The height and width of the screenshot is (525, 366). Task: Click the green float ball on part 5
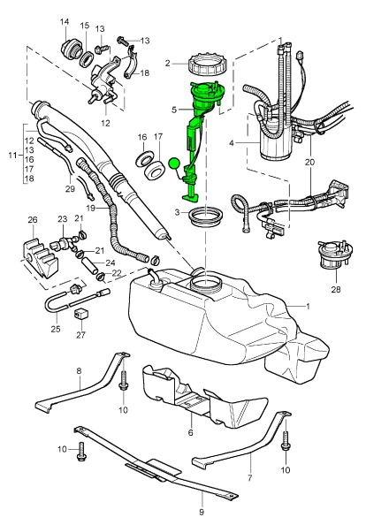pyautogui.click(x=174, y=164)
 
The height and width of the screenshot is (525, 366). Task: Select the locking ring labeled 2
pyautogui.click(x=207, y=64)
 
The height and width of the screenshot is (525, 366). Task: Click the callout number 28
pyautogui.click(x=336, y=289)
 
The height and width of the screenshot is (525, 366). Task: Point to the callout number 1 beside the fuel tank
pyautogui.click(x=308, y=306)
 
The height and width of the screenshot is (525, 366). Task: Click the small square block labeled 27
pyautogui.click(x=80, y=315)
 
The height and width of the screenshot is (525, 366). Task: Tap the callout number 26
pyautogui.click(x=32, y=220)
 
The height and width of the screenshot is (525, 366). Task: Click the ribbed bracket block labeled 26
pyautogui.click(x=40, y=258)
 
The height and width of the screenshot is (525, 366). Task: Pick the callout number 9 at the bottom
pyautogui.click(x=202, y=512)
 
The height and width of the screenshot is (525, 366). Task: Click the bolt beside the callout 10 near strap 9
pyautogui.click(x=80, y=451)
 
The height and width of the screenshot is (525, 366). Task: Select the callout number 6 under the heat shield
pyautogui.click(x=191, y=432)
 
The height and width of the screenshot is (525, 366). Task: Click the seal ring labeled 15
pyautogui.click(x=88, y=59)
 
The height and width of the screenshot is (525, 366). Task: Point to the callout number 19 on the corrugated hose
pyautogui.click(x=91, y=208)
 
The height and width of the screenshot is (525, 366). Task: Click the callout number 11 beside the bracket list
pyautogui.click(x=12, y=156)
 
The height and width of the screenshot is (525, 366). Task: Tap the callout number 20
pyautogui.click(x=310, y=162)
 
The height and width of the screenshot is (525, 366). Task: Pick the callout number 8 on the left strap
pyautogui.click(x=79, y=370)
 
